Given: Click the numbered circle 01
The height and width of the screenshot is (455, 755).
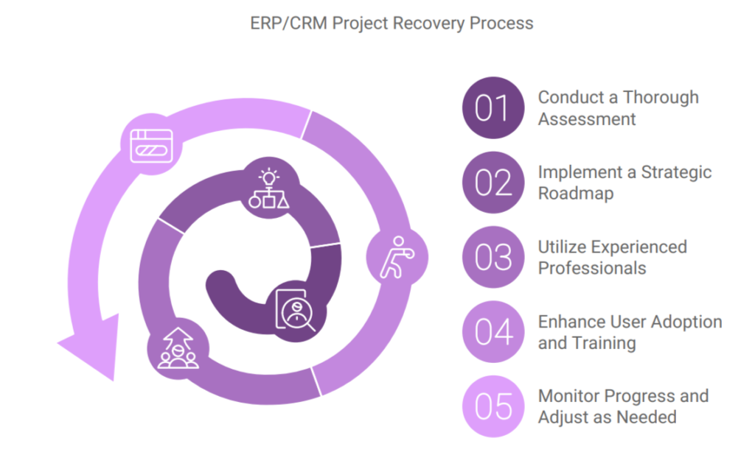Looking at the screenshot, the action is [493, 107].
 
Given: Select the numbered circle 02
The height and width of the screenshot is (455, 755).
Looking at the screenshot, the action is [493, 183].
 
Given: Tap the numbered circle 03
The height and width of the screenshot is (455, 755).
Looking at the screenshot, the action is [493, 258].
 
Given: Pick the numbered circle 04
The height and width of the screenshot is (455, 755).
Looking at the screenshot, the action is [493, 332].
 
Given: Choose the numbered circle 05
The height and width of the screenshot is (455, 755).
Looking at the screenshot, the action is [493, 406].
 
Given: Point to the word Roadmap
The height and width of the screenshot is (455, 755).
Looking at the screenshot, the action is [576, 194].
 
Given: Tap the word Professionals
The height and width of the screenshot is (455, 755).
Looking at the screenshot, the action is [592, 269].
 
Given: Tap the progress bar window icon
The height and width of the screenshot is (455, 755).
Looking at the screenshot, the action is [151, 146].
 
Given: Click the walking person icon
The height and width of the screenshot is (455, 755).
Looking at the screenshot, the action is [397, 258].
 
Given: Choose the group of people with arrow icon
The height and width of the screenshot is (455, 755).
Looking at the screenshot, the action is [178, 348].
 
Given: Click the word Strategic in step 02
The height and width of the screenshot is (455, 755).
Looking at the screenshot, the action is [676, 172].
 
